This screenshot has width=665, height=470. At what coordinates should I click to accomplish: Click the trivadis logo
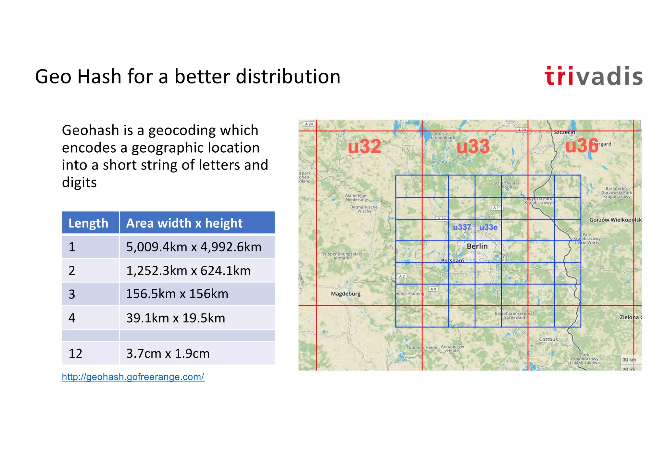pyautogui.click(x=593, y=76)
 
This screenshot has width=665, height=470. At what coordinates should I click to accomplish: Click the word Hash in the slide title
pyautogui.click(x=99, y=77)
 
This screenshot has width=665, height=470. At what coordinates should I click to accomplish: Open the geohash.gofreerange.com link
pyautogui.click(x=133, y=377)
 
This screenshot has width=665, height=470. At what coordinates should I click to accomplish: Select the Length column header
pyautogui.click(x=88, y=223)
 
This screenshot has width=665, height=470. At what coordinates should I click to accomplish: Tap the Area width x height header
pyautogui.click(x=184, y=223)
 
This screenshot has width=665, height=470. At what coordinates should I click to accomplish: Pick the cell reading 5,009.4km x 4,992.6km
pyautogui.click(x=194, y=247)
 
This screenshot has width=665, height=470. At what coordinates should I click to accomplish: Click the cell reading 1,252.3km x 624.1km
pyautogui.click(x=188, y=271)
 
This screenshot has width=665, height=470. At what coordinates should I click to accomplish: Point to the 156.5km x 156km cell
pyautogui.click(x=177, y=294)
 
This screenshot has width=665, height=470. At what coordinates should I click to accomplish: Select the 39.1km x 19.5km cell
pyautogui.click(x=175, y=318)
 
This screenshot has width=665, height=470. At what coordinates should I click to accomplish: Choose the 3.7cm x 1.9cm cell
pyautogui.click(x=168, y=353)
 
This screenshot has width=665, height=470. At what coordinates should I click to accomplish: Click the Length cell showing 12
pyautogui.click(x=76, y=353)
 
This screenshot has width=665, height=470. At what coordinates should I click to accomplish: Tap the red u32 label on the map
pyautogui.click(x=364, y=146)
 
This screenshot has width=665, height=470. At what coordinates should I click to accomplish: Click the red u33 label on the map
pyautogui.click(x=473, y=146)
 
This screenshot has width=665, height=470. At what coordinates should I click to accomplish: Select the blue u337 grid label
pyautogui.click(x=462, y=227)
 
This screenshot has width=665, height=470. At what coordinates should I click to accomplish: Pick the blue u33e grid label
pyautogui.click(x=488, y=227)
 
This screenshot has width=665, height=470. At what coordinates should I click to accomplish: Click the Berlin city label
pyautogui.click(x=477, y=246)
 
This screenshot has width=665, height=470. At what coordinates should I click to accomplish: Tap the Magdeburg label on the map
pyautogui.click(x=345, y=294)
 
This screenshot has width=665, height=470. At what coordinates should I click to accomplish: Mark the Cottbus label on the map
pyautogui.click(x=548, y=339)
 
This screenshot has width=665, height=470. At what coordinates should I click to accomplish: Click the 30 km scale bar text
pyautogui.click(x=629, y=360)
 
